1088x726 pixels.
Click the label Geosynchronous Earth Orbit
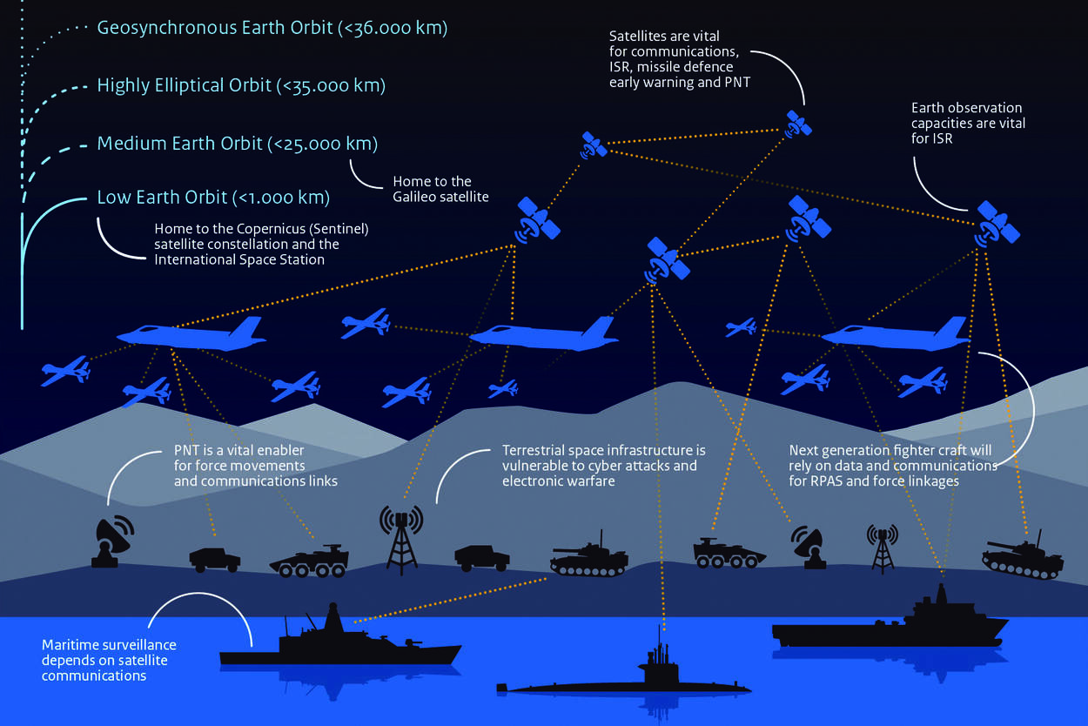(x=272, y=28)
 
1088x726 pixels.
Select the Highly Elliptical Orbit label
(x=241, y=85)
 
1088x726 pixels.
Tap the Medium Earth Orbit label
(x=237, y=143)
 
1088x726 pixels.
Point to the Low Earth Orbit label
(x=213, y=198)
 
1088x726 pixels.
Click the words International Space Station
(x=239, y=259)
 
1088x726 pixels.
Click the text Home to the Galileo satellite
(x=440, y=189)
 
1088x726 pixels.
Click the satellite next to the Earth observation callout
(x=997, y=222)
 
